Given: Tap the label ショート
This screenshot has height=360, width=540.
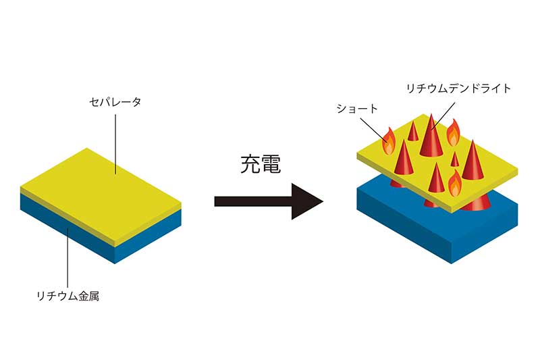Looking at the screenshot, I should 356,108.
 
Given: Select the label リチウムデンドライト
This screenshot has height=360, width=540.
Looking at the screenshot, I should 458,88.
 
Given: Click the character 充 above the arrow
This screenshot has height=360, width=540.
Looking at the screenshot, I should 251,165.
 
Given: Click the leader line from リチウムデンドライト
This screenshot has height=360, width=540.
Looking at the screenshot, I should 442,115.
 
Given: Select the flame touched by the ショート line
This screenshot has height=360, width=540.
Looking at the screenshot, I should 389,141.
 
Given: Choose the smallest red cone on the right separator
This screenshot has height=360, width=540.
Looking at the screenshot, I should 455,160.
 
